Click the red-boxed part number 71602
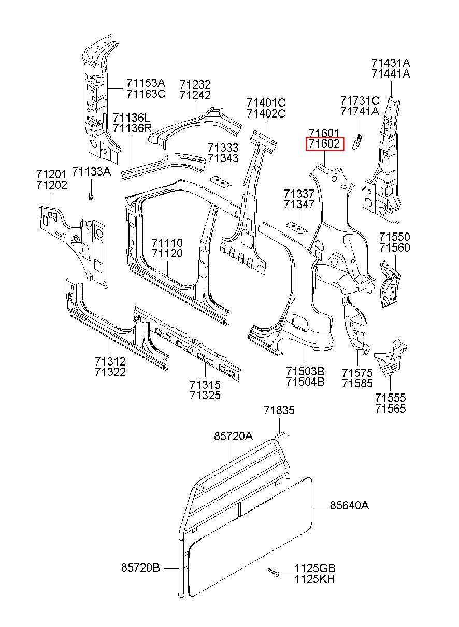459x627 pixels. [x=325, y=144]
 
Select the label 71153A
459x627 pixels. [x=146, y=83]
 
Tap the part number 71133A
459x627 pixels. [x=92, y=171]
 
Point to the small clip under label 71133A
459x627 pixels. [x=90, y=196]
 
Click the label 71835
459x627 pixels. [x=279, y=411]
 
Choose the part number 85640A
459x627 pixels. [x=349, y=505]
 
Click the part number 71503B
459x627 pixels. [x=305, y=371]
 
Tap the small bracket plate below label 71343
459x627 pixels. [x=221, y=181]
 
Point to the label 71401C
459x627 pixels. [x=266, y=103]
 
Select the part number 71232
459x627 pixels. [x=195, y=84]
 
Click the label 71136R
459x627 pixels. [x=132, y=128]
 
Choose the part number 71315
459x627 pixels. [x=205, y=385]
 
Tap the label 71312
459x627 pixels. [x=110, y=361]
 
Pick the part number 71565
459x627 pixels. [x=391, y=409]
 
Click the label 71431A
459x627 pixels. [x=391, y=63]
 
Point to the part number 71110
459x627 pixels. [x=167, y=243]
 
